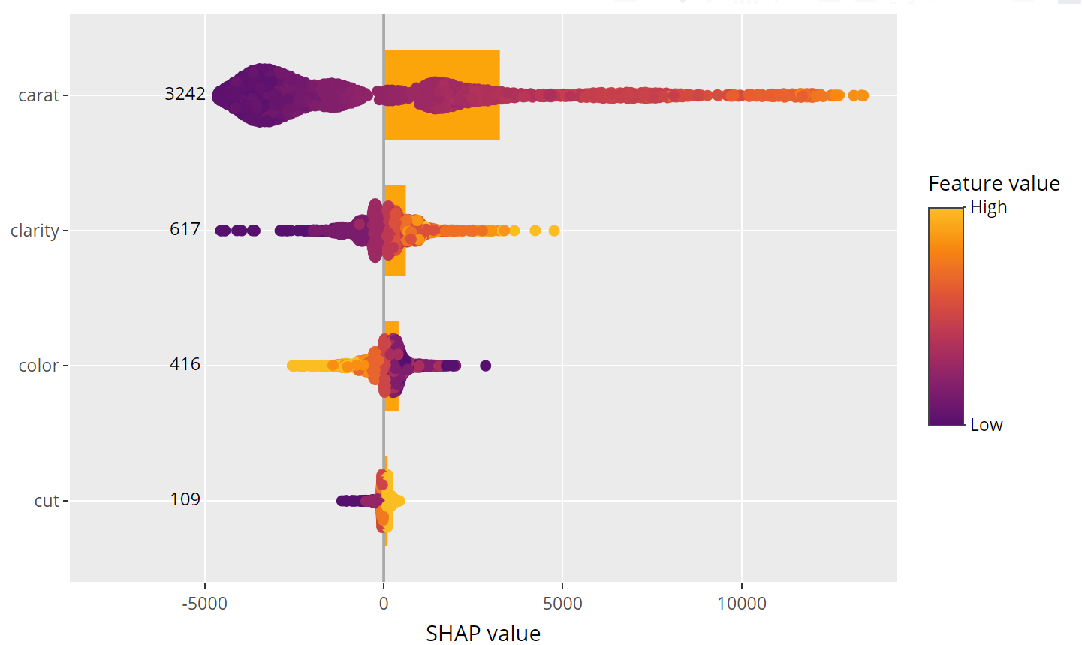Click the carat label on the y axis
38,95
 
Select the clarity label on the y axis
35,231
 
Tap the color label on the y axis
38,366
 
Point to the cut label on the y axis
47,501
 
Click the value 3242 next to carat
185,94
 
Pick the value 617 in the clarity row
185,229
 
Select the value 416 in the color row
185,364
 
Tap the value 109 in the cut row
185,499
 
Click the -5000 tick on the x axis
204,604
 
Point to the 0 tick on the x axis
384,604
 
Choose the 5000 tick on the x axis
562,604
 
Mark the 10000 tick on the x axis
742,604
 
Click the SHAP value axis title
483,633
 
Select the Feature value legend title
993,184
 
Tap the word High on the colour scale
988,207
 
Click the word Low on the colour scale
986,425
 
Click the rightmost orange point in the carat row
863,95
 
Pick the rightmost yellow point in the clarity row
554,231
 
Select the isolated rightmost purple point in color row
485,366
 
